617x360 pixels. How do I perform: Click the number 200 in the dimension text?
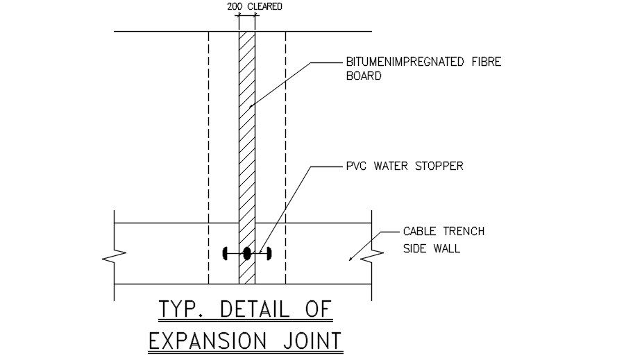(234, 8)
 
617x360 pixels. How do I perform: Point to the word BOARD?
(364, 76)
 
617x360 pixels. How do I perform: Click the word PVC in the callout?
(357, 166)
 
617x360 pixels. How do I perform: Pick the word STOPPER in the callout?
(439, 166)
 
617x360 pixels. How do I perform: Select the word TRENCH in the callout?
(461, 232)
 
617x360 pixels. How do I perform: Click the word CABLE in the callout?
(419, 232)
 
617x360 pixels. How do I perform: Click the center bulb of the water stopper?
(246, 254)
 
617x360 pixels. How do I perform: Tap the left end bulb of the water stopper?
(224, 254)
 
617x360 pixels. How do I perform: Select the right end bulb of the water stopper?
(269, 254)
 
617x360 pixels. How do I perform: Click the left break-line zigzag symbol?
(110, 257)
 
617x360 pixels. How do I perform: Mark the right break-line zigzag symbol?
(376, 257)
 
